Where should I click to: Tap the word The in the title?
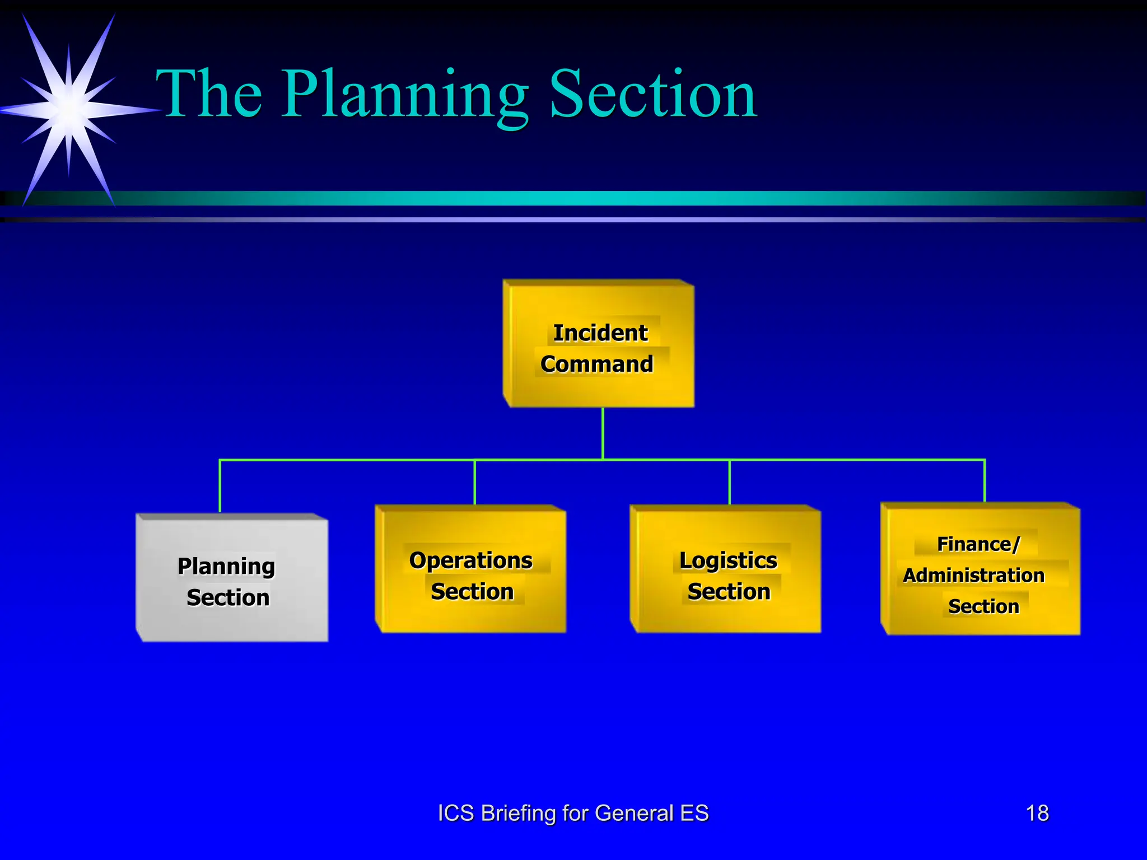click(209, 95)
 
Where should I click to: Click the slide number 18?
click(1037, 813)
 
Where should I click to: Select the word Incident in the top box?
click(600, 333)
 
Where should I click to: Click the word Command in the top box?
click(597, 364)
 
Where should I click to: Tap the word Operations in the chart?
click(471, 560)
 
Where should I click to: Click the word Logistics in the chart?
click(728, 560)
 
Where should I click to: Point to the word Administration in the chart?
click(974, 575)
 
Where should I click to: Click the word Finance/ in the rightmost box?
click(978, 544)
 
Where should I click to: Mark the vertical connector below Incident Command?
click(603, 433)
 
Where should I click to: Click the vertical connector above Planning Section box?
click(220, 486)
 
